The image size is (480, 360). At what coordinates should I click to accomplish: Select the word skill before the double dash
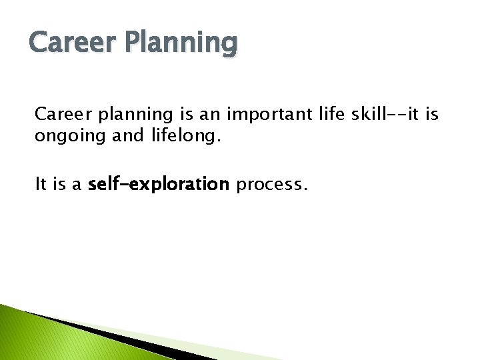pos(360,115)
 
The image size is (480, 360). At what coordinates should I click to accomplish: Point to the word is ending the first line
pos(431,115)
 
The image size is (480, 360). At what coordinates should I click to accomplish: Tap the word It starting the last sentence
pos(41,185)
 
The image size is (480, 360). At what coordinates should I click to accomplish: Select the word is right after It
pos(61,185)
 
